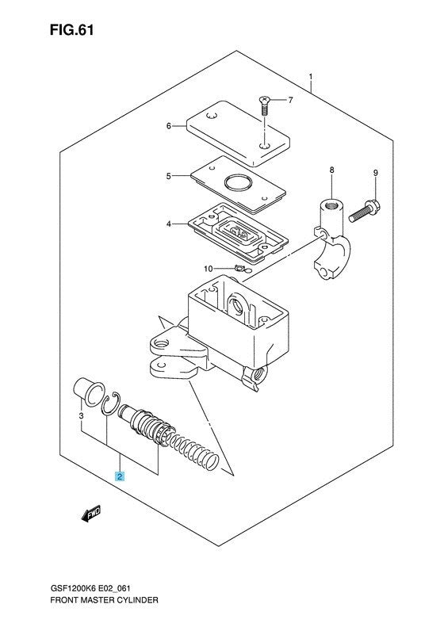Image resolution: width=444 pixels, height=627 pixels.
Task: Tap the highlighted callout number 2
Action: click(120, 476)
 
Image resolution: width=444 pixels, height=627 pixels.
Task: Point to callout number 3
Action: click(82, 415)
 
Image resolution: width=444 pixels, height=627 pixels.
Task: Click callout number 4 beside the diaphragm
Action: click(168, 224)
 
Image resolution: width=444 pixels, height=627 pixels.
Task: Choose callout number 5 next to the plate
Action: click(168, 175)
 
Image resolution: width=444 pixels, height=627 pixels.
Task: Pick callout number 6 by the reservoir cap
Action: click(168, 125)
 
